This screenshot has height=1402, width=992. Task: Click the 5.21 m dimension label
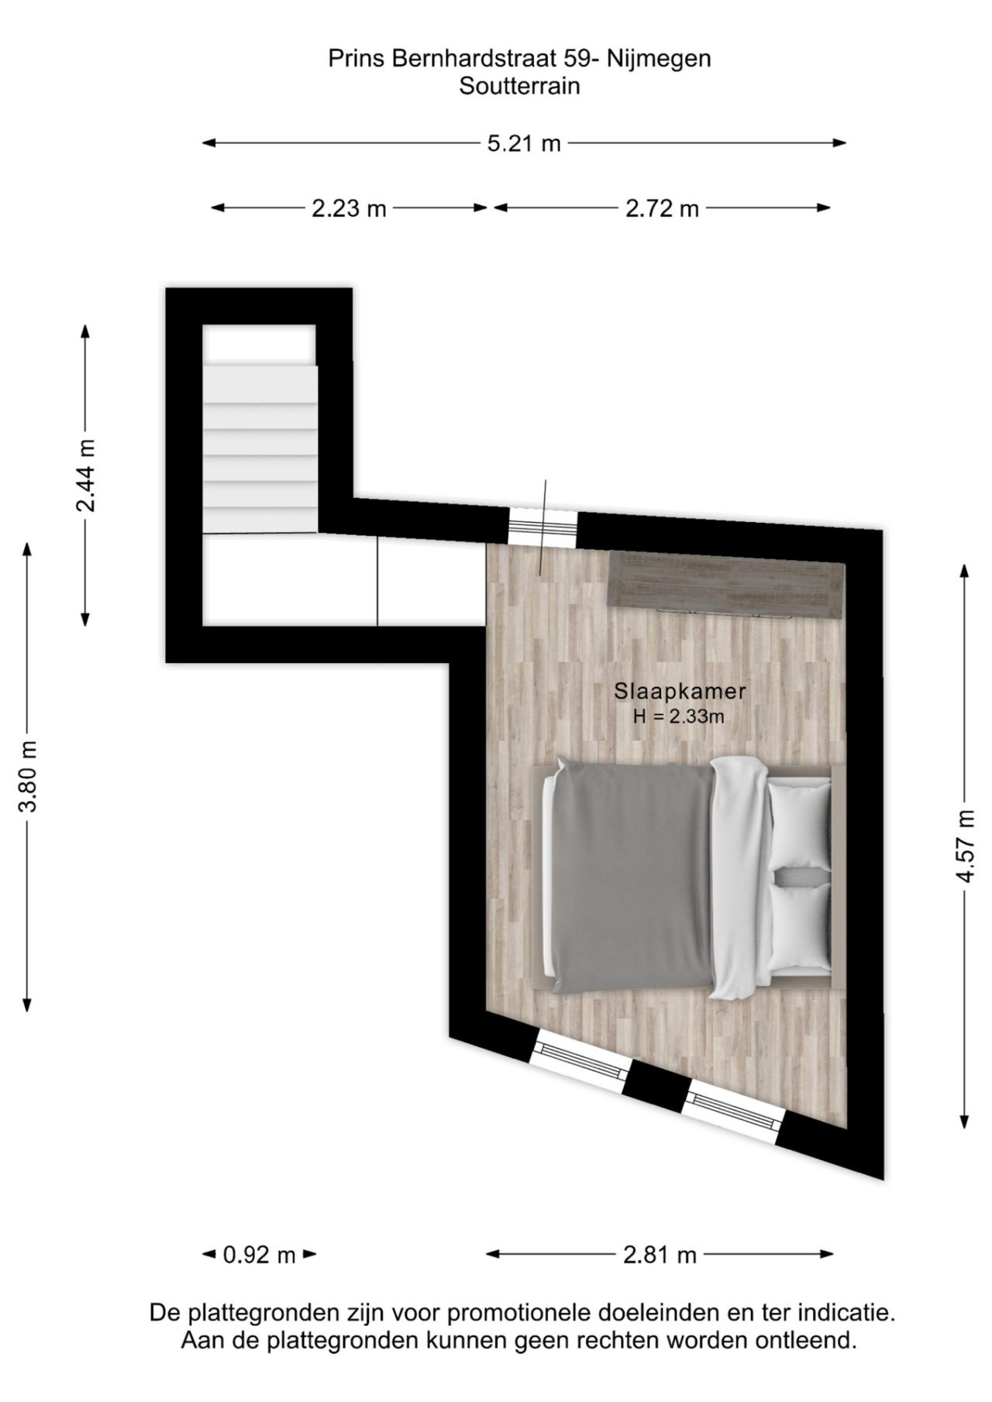click(x=524, y=143)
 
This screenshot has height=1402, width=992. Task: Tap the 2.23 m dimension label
click(x=349, y=208)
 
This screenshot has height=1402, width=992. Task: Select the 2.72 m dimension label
click(x=662, y=208)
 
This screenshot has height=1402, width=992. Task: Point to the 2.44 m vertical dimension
click(x=85, y=475)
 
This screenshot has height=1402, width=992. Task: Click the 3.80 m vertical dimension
click(x=28, y=775)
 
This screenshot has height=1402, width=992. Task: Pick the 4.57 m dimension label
click(x=965, y=845)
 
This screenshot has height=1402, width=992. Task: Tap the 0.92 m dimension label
click(x=259, y=1254)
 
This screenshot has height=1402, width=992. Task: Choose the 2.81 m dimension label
click(x=660, y=1254)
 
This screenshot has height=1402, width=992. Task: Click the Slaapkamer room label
click(x=669, y=690)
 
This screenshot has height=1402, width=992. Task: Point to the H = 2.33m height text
click(x=678, y=716)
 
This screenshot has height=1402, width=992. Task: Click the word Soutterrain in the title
click(x=519, y=86)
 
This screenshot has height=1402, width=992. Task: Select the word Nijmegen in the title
click(x=659, y=59)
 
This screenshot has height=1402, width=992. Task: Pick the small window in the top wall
click(x=542, y=528)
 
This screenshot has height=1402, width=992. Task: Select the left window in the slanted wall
click(x=580, y=1061)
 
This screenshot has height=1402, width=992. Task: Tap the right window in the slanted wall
click(x=732, y=1113)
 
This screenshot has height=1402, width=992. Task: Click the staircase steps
click(x=260, y=449)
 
